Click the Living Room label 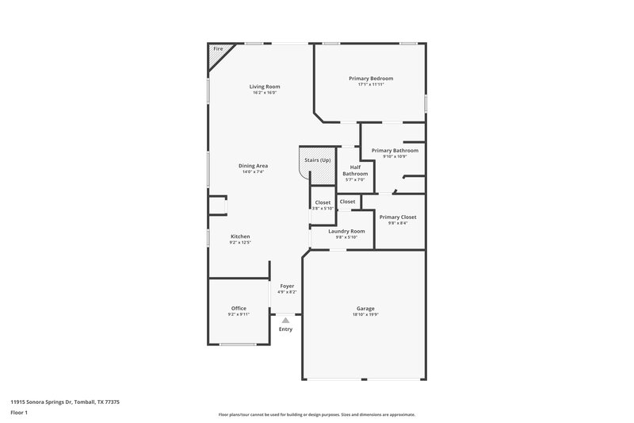coord(265,87)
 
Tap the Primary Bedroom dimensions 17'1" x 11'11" coord(371,84)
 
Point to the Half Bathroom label coord(355,170)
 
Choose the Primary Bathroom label coord(394,150)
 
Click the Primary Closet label coord(397,217)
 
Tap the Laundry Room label coord(346,231)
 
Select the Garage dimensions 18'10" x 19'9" coord(365,315)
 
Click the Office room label coord(239,308)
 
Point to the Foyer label coord(286,285)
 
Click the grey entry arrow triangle coord(286,320)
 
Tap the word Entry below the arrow coord(286,329)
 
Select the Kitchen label coord(240,236)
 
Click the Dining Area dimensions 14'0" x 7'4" coord(253,171)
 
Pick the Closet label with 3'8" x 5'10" coord(323,202)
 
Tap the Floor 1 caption coord(20,413)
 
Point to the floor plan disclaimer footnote coord(316,414)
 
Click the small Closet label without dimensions coord(347,202)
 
